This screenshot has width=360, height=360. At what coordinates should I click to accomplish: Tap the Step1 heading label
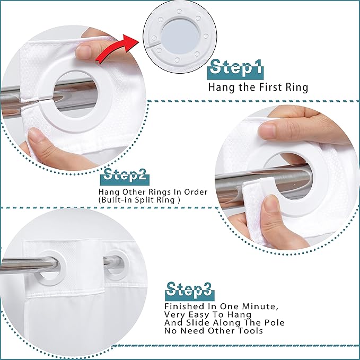(235, 68)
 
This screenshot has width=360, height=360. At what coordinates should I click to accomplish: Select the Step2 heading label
(125, 177)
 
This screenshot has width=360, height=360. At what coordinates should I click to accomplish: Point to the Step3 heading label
(189, 291)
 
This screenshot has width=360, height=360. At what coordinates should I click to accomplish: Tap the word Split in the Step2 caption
(144, 200)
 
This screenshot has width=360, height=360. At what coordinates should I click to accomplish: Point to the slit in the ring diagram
(154, 45)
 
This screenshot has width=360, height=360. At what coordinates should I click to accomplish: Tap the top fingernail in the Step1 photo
(84, 49)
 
